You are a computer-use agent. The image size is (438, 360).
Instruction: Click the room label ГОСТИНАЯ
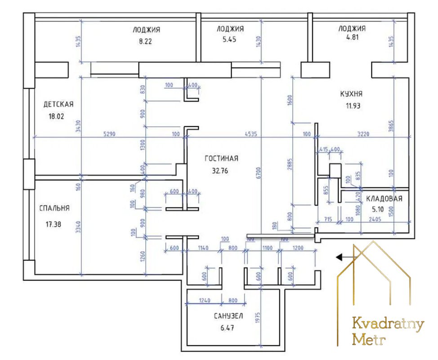pyautogui.click(x=221, y=158)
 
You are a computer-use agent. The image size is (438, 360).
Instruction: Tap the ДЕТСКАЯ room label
pyautogui.click(x=58, y=104)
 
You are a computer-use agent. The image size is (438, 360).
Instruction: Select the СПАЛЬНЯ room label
pyautogui.click(x=54, y=208)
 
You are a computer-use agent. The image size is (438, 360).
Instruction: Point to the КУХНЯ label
pyautogui.click(x=351, y=94)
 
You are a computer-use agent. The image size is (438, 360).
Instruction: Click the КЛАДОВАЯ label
pyautogui.click(x=384, y=199)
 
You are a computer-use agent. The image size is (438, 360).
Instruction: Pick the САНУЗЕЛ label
pyautogui.click(x=228, y=316)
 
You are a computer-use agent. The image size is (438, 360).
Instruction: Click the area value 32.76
pyautogui.click(x=220, y=171)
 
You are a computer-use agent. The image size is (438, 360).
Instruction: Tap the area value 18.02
pyautogui.click(x=56, y=116)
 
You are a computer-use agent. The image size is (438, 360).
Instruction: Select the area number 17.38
pyautogui.click(x=53, y=224)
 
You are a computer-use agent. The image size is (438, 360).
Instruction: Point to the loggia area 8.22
pyautogui.click(x=145, y=41)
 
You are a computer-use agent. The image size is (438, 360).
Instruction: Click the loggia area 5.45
pyautogui.click(x=229, y=40)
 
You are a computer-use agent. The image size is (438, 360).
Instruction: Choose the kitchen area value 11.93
pyautogui.click(x=353, y=106)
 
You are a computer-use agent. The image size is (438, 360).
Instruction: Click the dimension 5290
pyautogui.click(x=109, y=134)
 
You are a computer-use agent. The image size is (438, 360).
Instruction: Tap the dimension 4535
pyautogui.click(x=251, y=134)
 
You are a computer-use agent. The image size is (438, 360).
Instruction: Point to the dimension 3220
pyautogui.click(x=363, y=134)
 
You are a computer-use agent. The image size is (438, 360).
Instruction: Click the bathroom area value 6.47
pyautogui.click(x=227, y=328)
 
